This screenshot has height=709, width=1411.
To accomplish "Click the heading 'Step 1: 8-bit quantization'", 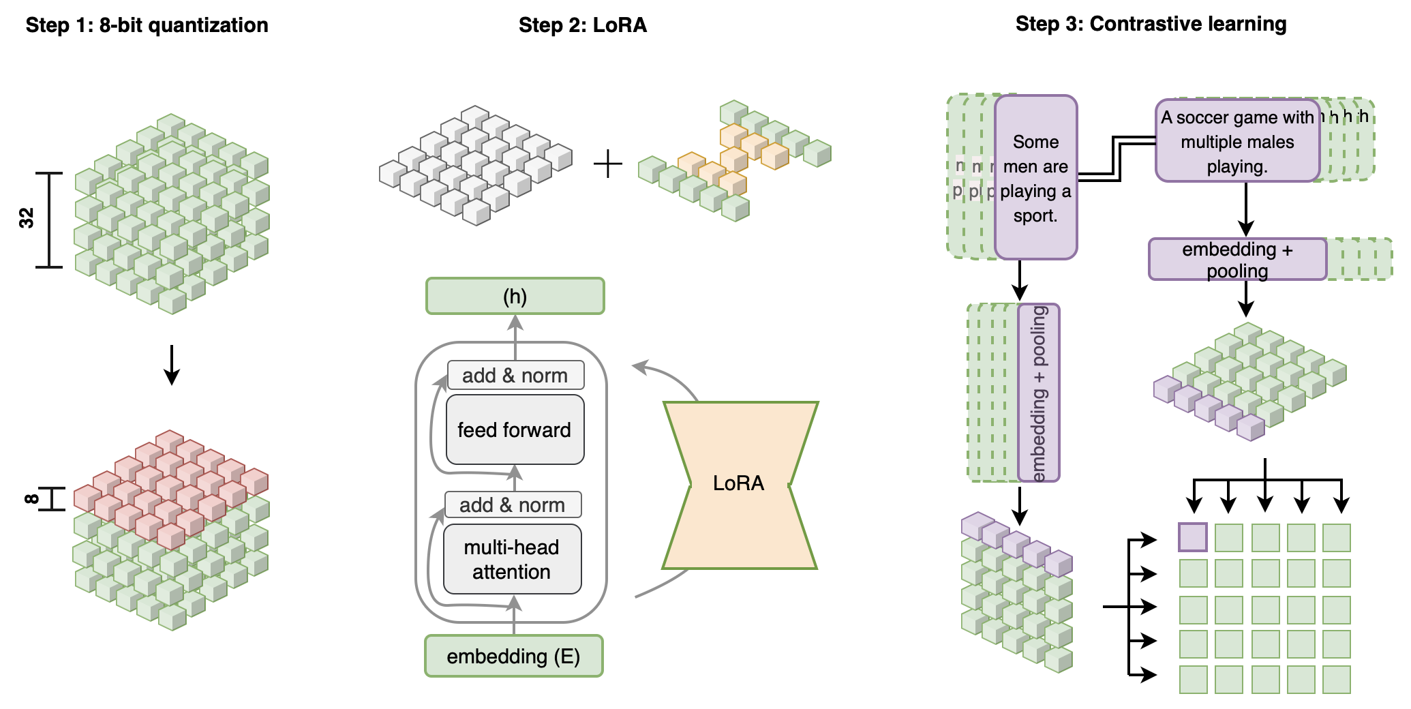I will point(147,25).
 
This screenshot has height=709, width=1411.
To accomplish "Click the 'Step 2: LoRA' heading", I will point(582,25).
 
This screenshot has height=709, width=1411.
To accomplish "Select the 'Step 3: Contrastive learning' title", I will point(1151,24).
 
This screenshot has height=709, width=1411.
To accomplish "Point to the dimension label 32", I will point(27,218).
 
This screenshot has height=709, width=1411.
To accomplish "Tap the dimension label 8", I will point(31,499).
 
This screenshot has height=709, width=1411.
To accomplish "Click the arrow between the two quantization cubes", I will point(172,365).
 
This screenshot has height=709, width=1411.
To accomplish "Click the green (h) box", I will point(515,296).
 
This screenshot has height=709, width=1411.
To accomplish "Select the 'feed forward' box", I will point(515,429).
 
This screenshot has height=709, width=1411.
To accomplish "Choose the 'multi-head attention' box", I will point(512,559).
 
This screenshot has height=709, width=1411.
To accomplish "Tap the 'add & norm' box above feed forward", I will point(515,375).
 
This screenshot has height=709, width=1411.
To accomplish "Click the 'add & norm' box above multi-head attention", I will point(513,504).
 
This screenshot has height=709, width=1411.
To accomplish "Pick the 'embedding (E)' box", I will point(513,656).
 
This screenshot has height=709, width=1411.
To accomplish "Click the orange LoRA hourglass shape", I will point(739,484).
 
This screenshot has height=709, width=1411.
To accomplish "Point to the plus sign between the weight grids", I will point(608,164).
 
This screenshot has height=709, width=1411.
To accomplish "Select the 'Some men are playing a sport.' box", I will point(1035,177).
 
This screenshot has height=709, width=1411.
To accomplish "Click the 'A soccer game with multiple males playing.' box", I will point(1237,141).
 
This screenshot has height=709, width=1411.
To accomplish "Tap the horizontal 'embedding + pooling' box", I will point(1237,259).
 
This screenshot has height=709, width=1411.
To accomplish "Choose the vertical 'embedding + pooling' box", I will point(1039,393).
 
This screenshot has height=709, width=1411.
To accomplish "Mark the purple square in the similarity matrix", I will point(1193,537).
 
